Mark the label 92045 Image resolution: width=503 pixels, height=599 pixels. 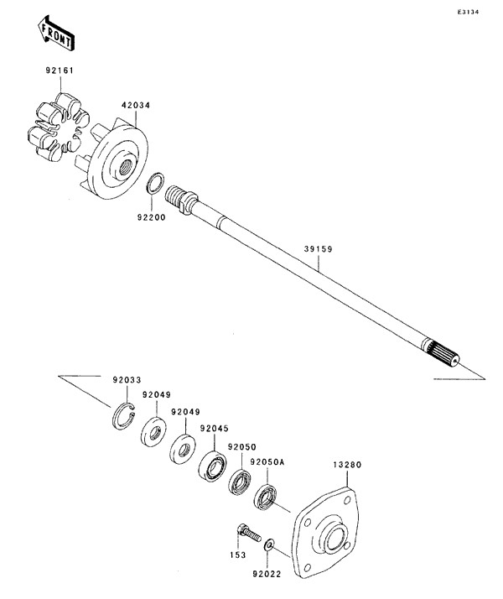[x=213, y=428]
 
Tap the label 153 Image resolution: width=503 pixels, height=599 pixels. [x=238, y=555]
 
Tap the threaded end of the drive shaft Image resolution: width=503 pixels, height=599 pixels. [x=178, y=198]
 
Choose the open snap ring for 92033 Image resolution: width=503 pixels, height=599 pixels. [x=125, y=414]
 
